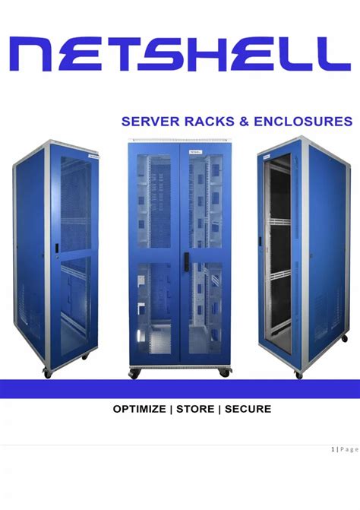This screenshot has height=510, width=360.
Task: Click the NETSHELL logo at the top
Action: (x=180, y=54)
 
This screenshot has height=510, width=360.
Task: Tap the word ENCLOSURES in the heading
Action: (x=303, y=122)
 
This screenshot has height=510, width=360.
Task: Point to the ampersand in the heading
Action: (x=244, y=122)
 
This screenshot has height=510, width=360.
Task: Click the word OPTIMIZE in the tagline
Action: (x=139, y=409)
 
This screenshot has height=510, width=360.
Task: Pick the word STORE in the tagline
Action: (x=195, y=409)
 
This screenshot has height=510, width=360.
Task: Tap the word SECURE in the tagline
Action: (x=248, y=409)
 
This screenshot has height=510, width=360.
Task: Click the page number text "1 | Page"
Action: (x=345, y=449)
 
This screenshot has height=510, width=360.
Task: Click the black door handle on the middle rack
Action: (x=186, y=261)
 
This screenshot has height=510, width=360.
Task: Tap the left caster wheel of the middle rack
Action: (x=134, y=373)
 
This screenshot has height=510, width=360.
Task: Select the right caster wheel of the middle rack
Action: (x=224, y=372)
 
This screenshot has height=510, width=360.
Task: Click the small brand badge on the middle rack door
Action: (x=195, y=151)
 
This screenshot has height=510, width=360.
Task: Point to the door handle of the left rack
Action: (x=56, y=249)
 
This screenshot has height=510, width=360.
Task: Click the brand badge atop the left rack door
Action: (x=93, y=156)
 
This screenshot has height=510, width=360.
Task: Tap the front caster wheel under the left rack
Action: (x=47, y=374)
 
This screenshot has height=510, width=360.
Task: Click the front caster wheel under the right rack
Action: (x=299, y=375)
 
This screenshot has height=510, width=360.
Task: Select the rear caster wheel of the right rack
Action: (x=344, y=338)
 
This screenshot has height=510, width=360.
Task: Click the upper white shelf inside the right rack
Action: (x=279, y=221)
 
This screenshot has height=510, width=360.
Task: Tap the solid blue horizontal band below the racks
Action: (x=180, y=388)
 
